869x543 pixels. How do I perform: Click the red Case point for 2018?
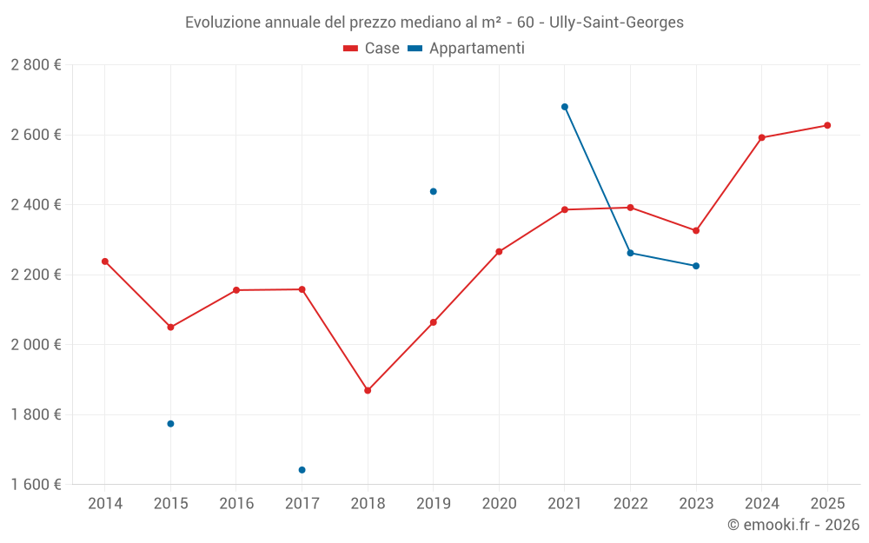coord(368,391)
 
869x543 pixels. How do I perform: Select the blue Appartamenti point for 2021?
coord(565,107)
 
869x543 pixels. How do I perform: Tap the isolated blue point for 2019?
coord(434,191)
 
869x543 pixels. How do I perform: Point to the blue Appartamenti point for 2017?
coord(302,470)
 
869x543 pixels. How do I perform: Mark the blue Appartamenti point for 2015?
coord(170,424)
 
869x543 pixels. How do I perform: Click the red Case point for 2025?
coord(827,125)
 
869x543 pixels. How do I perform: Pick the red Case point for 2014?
coord(105,262)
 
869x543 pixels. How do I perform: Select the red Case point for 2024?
coord(761,137)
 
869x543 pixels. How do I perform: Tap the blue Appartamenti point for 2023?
coord(696,266)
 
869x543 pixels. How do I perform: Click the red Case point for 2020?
coord(499,252)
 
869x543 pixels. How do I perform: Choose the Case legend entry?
coord(372,49)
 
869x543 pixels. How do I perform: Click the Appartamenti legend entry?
coord(467,49)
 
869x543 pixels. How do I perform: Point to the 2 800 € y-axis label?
coord(36,65)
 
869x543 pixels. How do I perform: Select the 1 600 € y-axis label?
coord(36,485)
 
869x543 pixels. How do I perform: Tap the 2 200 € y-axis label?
coord(36,275)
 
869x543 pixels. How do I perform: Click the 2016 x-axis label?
coord(236,504)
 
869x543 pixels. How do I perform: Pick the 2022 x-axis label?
coord(630,504)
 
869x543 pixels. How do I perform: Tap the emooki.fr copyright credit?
coord(793,525)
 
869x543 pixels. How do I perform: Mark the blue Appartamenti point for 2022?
coord(630,253)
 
